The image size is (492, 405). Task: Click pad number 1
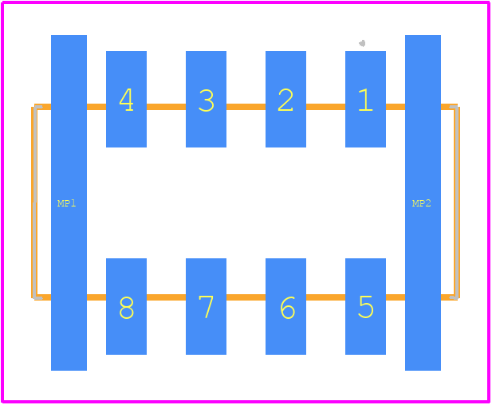(x=365, y=99)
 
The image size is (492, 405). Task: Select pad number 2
(x=285, y=99)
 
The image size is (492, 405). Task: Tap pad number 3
(x=207, y=99)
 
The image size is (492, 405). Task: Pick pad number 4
(x=127, y=99)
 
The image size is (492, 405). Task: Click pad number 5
(x=365, y=306)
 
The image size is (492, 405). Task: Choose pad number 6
(x=285, y=306)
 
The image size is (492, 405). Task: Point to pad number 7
(x=207, y=306)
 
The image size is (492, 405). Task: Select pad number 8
(x=127, y=306)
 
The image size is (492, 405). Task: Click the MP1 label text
(x=67, y=203)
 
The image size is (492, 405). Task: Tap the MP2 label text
(x=421, y=203)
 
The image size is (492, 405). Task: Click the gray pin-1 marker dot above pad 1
(x=362, y=43)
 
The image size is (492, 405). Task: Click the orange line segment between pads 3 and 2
(x=246, y=107)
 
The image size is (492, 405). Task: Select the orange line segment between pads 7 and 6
(x=246, y=297)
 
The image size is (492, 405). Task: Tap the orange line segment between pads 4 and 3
(x=167, y=107)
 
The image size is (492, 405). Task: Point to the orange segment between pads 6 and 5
(x=325, y=297)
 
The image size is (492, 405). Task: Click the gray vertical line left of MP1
(x=35, y=202)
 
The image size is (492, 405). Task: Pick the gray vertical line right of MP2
(x=457, y=202)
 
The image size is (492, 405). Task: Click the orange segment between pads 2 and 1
(x=325, y=107)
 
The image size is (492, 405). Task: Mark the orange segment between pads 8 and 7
(x=167, y=297)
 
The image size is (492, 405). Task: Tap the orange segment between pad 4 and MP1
(x=96, y=107)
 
